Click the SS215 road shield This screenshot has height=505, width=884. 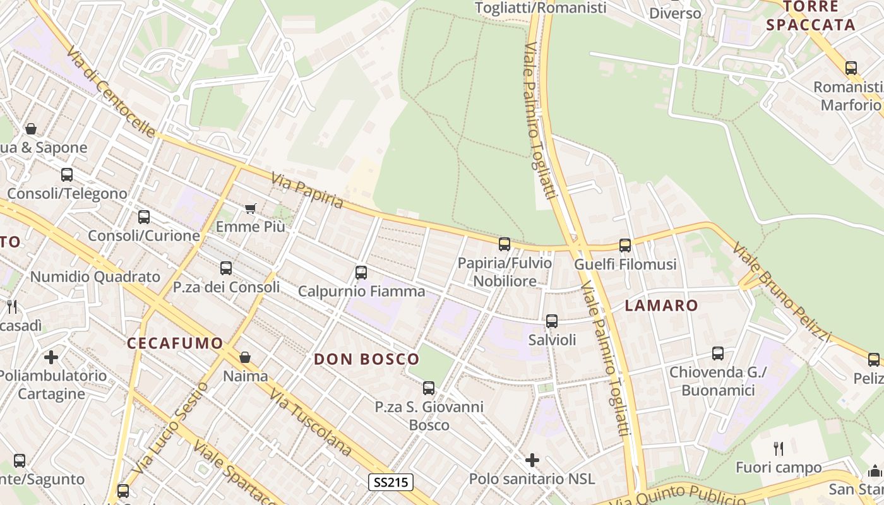point(391,483)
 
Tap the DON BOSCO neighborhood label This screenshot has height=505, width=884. point(367,359)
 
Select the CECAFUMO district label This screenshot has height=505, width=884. point(175,343)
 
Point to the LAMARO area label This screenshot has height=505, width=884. point(661,306)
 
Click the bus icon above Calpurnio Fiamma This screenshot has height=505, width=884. point(361,273)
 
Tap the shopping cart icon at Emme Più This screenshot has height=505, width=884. point(251,208)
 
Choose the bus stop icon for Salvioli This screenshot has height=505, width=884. point(552,321)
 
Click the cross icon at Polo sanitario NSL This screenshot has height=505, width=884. point(532,460)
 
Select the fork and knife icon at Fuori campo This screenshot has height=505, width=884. point(779,449)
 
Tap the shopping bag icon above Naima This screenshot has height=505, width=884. point(245,358)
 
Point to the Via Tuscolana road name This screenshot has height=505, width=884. point(311,422)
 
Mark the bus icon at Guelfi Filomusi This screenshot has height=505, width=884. point(625,246)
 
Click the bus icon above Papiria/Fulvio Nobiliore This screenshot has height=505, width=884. point(504,244)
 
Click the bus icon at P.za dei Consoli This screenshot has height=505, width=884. point(226,268)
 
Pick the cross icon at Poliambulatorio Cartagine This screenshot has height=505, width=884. point(51,357)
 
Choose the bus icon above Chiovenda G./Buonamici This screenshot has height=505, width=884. point(718,353)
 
